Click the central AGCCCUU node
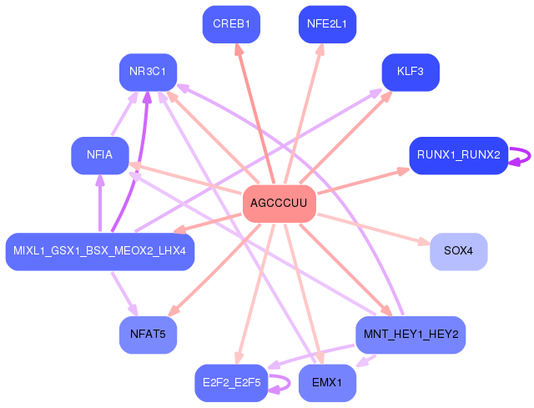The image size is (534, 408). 279,204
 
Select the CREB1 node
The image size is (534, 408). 231,23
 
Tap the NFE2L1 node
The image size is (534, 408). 327,23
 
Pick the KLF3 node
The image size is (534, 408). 411,72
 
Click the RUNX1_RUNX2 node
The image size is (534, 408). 458,155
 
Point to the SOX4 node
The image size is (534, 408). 458,251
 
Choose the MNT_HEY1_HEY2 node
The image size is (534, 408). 411,335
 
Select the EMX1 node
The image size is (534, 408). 327,383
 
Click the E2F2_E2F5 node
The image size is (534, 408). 231,383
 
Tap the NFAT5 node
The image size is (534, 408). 148,335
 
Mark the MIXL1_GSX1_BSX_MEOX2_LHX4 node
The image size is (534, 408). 100,251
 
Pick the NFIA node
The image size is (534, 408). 100,155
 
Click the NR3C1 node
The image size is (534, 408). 148,72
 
